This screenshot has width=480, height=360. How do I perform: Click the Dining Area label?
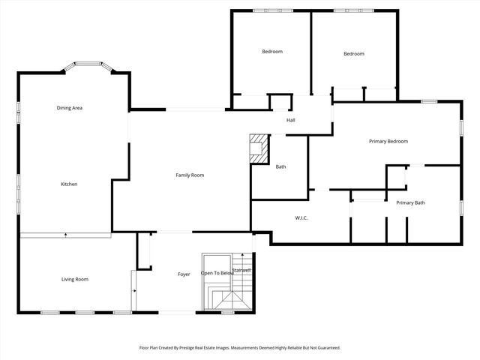69,108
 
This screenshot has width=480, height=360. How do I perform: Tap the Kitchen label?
69,184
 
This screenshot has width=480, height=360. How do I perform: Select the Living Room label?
74,279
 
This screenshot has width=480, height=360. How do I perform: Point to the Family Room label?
190,175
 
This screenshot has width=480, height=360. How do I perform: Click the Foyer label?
184,274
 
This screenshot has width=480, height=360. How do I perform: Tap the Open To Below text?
218,273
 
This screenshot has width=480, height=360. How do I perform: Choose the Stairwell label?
241,270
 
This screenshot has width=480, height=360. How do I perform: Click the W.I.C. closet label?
301,218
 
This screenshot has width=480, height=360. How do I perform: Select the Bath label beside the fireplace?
280,166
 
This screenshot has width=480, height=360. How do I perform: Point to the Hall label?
290,120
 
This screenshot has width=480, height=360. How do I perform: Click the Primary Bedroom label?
388,141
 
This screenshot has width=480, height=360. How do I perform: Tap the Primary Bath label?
410,202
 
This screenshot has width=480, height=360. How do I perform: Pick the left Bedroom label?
271,51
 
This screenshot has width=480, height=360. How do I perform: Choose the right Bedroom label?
353,53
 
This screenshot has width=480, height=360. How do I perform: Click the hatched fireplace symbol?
259,148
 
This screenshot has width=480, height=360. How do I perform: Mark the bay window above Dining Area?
88,66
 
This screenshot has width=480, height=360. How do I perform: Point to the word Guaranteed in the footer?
325,347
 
